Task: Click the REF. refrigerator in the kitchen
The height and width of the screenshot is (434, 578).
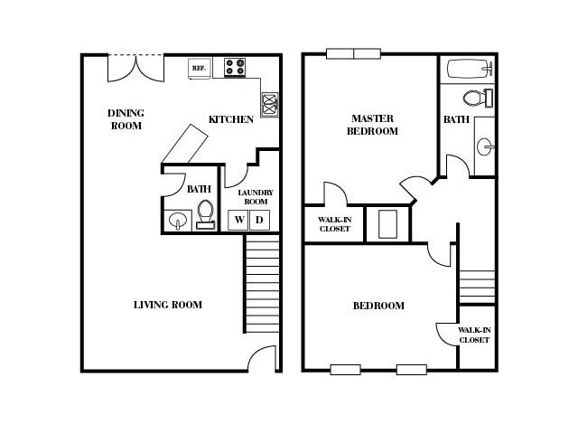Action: [200, 68]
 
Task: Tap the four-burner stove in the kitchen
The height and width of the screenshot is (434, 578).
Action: [235, 67]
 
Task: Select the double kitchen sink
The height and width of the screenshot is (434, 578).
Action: [270, 105]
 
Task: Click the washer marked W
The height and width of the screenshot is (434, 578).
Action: [238, 220]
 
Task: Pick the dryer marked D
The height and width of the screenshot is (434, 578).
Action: [259, 220]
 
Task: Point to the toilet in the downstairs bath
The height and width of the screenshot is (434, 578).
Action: [205, 215]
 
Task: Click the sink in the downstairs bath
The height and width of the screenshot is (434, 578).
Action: [178, 221]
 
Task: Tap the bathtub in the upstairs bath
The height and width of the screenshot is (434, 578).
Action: [470, 69]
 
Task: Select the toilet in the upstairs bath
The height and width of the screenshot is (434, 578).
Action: [478, 99]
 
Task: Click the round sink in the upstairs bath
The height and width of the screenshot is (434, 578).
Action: [485, 146]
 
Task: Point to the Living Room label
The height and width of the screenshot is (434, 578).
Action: [168, 305]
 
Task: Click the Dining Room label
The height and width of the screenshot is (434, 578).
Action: [126, 119]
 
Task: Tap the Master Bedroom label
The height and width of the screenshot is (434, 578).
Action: [372, 125]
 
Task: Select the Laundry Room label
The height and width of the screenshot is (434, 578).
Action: [256, 197]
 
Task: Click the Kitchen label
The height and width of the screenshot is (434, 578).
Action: [231, 119]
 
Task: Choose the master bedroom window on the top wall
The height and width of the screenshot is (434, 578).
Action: [353, 54]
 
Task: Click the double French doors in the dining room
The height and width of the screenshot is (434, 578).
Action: [136, 69]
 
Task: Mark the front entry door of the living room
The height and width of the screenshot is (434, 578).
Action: [262, 358]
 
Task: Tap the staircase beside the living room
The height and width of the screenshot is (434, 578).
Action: [262, 283]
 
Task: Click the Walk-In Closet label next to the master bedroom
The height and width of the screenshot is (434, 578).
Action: [335, 224]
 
